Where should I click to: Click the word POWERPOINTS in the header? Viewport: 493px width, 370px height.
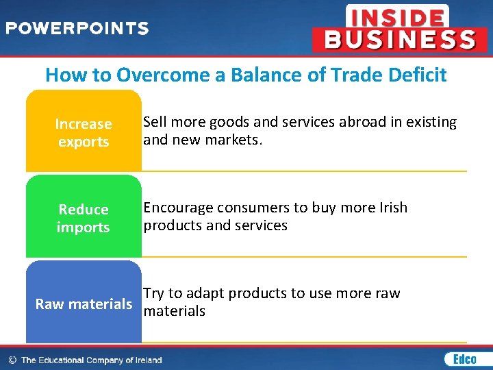coord(77,29)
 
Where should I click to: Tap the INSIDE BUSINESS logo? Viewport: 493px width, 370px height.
coord(394,28)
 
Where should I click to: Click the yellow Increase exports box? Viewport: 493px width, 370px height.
coord(84,132)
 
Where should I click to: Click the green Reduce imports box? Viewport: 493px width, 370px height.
coord(84,218)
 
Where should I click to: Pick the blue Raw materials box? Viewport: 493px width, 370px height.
coord(84,303)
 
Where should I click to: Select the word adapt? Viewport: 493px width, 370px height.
coord(205,293)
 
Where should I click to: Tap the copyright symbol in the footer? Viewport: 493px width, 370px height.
coord(12,360)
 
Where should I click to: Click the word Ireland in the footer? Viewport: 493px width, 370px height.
coord(145,360)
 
